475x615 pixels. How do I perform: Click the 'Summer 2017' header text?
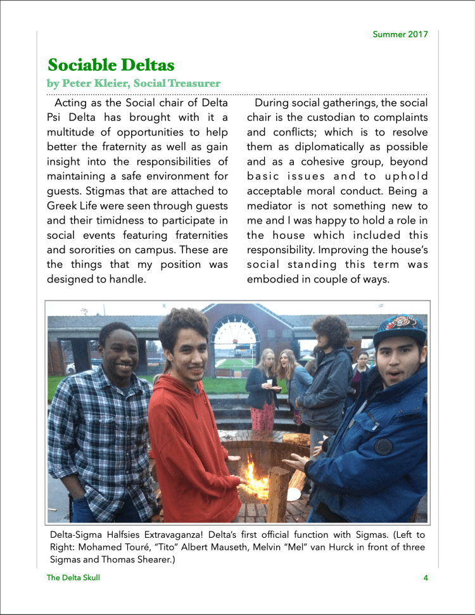[x=400, y=34]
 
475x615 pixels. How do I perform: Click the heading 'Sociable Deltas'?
[x=111, y=65]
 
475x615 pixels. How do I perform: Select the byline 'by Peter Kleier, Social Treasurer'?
[x=134, y=83]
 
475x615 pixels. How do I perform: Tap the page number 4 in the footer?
[x=426, y=578]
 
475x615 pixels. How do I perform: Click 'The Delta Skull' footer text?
[x=73, y=578]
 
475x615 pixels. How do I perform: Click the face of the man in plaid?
[x=118, y=353]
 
